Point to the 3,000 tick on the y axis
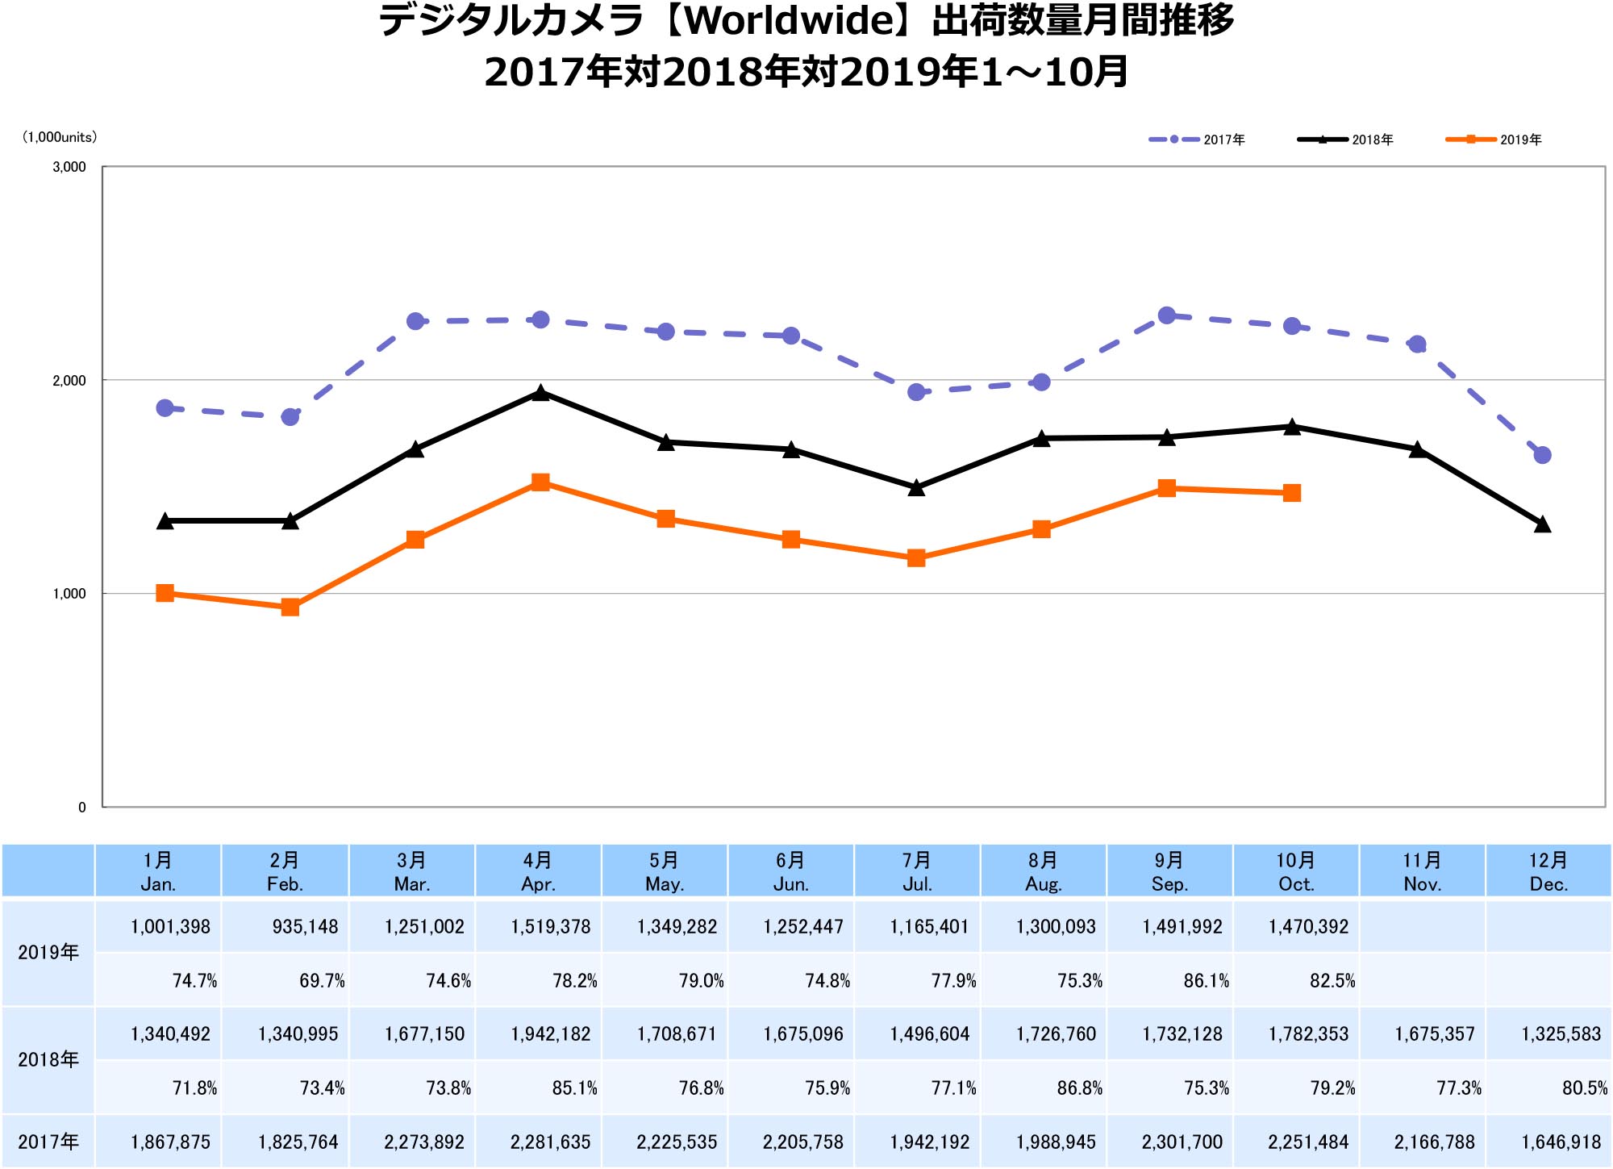click(x=69, y=167)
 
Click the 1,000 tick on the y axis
click(x=69, y=594)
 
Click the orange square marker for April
click(x=540, y=482)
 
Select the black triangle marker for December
click(x=1542, y=524)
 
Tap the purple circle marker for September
click(x=1166, y=315)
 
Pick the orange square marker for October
click(x=1292, y=493)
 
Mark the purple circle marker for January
click(x=165, y=408)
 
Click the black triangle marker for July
click(x=916, y=487)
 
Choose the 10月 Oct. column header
click(x=1295, y=871)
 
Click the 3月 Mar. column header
click(x=411, y=871)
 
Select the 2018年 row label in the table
click(x=48, y=1059)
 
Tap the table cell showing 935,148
click(x=305, y=927)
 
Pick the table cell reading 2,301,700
click(x=1182, y=1142)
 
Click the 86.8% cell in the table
click(x=1079, y=1088)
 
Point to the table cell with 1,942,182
click(x=550, y=1034)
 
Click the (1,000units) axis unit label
click(x=59, y=137)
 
